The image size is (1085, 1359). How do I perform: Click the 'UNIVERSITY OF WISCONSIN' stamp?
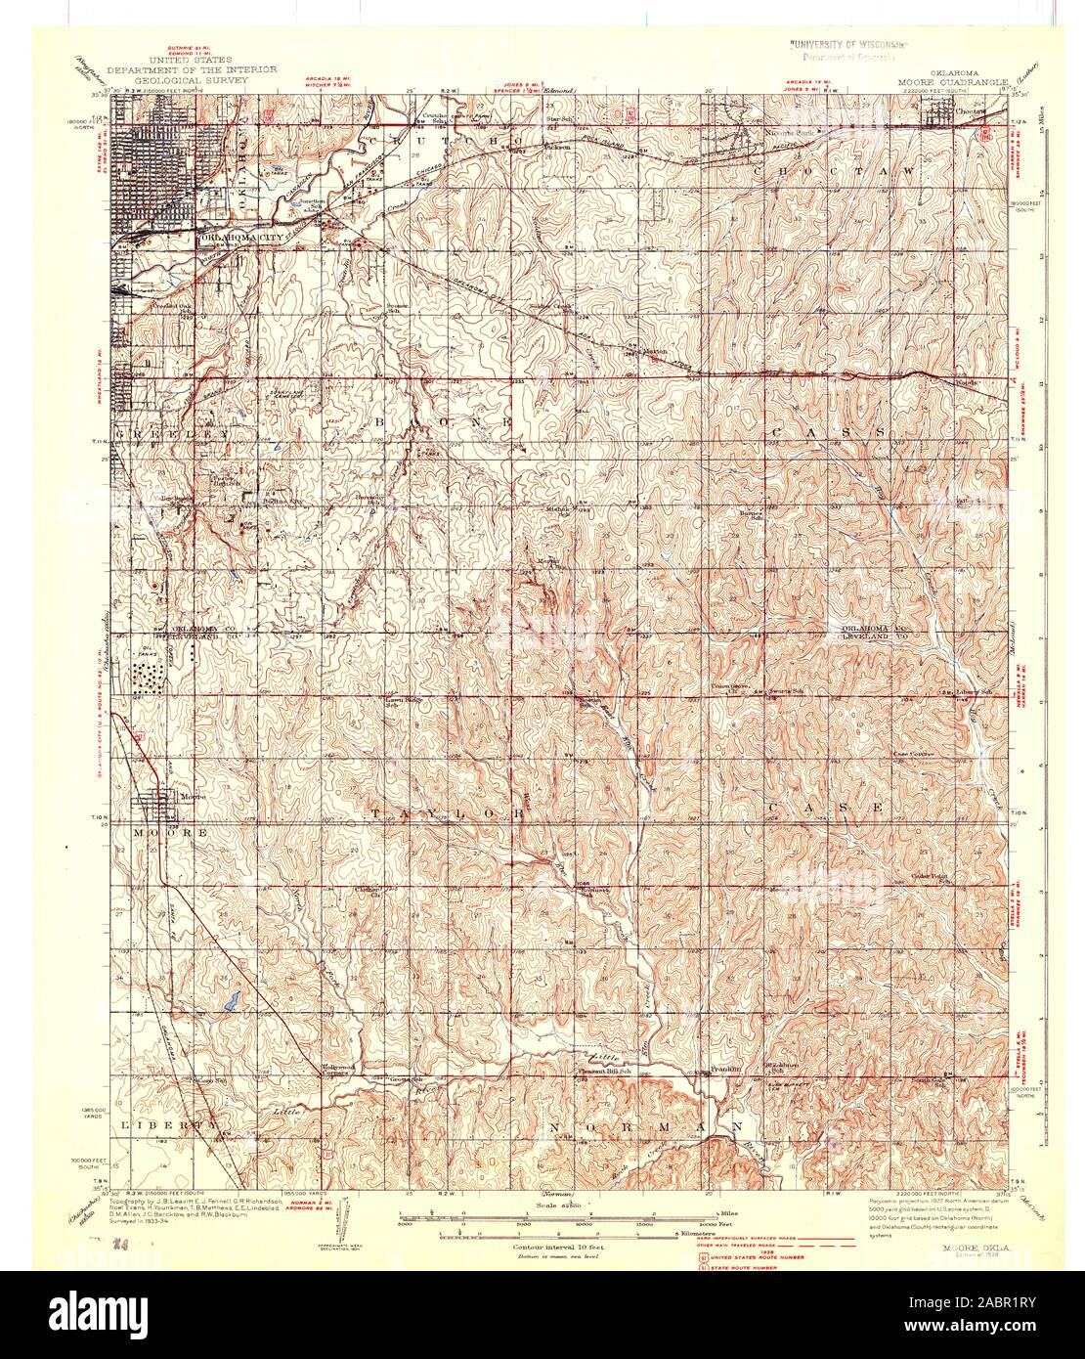pos(848,45)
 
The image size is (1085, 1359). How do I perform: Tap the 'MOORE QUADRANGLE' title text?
pos(946,82)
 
